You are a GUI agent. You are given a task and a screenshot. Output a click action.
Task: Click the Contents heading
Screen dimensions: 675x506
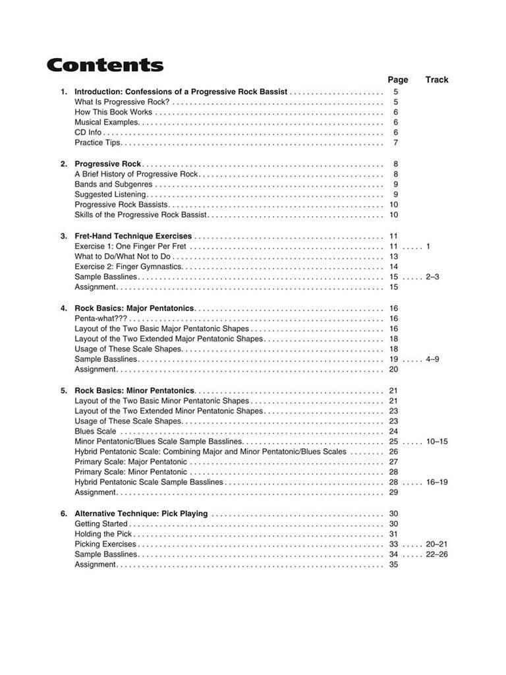(105, 65)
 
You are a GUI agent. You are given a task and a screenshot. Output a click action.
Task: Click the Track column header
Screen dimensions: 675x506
(436, 80)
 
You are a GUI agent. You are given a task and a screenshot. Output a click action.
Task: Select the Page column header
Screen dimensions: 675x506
(397, 80)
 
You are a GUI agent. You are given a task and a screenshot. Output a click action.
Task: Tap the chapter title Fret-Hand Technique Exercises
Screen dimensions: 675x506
(133, 236)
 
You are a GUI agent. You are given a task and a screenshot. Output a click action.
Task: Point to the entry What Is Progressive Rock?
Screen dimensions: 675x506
(122, 102)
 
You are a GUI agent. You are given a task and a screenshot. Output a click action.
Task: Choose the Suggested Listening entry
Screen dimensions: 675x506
(110, 194)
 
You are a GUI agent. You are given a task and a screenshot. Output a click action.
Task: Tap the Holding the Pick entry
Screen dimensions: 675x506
(103, 534)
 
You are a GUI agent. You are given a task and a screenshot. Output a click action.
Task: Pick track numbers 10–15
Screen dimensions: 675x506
(436, 442)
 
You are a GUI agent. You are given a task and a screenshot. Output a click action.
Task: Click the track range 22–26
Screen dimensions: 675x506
(436, 554)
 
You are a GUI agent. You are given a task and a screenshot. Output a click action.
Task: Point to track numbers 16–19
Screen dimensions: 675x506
(436, 483)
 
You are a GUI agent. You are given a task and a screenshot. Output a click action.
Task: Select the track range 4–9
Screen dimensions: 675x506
(432, 359)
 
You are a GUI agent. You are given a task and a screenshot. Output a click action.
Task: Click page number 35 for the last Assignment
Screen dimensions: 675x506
(394, 565)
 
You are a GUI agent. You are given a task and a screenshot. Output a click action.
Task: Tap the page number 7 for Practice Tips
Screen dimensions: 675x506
(395, 143)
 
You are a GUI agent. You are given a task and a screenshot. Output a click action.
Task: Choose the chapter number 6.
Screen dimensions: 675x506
(63, 514)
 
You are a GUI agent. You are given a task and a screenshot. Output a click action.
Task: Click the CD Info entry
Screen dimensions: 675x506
(88, 132)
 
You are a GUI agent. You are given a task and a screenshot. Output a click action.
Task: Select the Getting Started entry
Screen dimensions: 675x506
(101, 524)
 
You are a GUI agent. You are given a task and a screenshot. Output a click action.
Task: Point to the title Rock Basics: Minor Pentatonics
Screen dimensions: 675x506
(134, 390)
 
